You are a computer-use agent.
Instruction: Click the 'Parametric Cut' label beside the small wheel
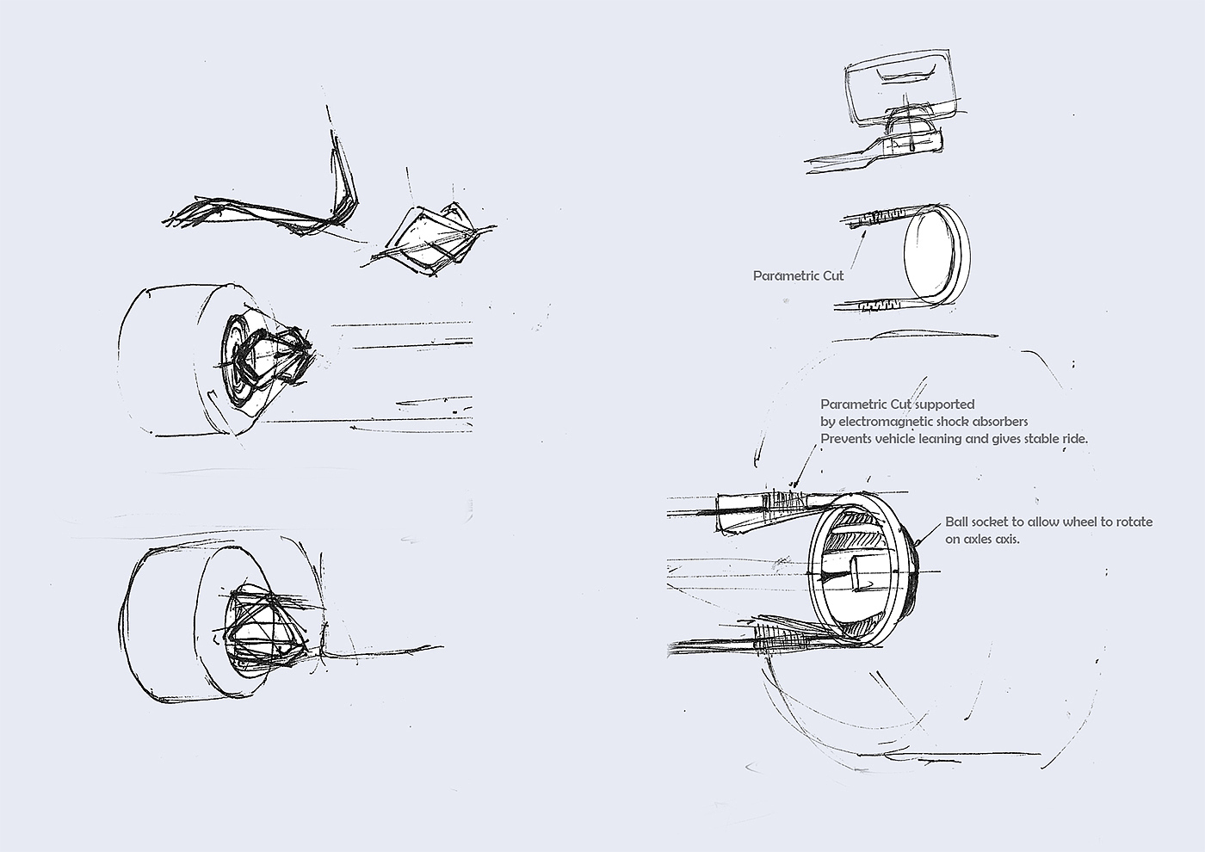[x=799, y=276]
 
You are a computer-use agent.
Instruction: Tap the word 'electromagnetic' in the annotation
[x=886, y=422]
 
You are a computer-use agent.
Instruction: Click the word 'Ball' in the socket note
[x=956, y=522]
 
